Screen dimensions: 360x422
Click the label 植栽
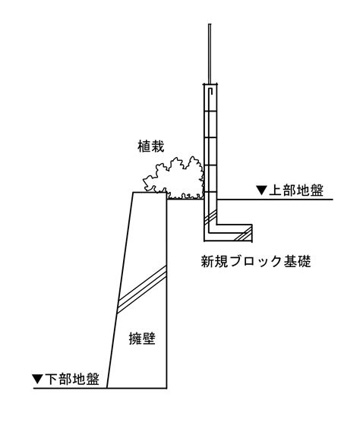pyautogui.click(x=151, y=146)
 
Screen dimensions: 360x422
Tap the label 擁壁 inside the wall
pyautogui.click(x=142, y=338)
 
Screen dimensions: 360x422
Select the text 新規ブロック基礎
pyautogui.click(x=256, y=261)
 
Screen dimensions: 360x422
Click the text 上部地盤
pyautogui.click(x=296, y=191)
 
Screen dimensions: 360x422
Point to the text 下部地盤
pyautogui.click(x=72, y=379)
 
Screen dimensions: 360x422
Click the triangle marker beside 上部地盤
pyautogui.click(x=261, y=191)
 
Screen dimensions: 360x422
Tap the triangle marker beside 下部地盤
pyautogui.click(x=37, y=379)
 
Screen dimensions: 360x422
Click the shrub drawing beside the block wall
pyautogui.click(x=174, y=178)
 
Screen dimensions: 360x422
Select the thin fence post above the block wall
pyautogui.click(x=210, y=54)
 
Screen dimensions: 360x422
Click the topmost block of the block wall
pyautogui.click(x=210, y=98)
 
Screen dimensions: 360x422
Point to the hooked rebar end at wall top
pyautogui.click(x=210, y=91)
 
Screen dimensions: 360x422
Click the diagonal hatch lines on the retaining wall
pyautogui.click(x=141, y=290)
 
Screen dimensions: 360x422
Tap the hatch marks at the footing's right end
pyautogui.click(x=244, y=234)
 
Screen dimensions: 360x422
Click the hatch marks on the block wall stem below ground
pyautogui.click(x=210, y=217)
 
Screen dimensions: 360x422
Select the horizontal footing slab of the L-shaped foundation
pyautogui.click(x=228, y=232)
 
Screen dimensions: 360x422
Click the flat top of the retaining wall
pyautogui.click(x=150, y=193)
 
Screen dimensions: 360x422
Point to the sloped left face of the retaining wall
pyautogui.click(x=120, y=290)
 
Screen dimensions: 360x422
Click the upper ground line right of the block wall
pyautogui.click(x=275, y=200)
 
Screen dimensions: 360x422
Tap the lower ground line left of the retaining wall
pyautogui.click(x=70, y=389)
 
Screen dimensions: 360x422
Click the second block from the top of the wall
pyautogui.click(x=210, y=124)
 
